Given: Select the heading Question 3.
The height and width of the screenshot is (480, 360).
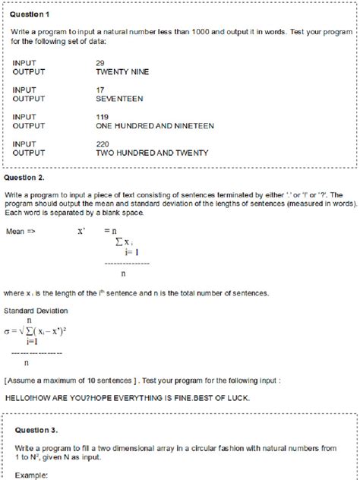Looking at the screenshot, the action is [x=36, y=429].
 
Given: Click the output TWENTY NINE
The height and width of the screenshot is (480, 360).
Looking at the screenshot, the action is [x=122, y=71].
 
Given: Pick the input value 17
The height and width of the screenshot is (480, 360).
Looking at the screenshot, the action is [x=100, y=90].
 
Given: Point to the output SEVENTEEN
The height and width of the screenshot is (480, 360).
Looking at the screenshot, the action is [x=119, y=99].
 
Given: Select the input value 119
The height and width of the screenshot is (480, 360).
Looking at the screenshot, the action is [x=103, y=116].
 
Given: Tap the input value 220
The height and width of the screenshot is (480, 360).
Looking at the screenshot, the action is [x=103, y=143].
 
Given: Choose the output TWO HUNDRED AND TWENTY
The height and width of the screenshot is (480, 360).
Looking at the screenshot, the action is [x=152, y=153].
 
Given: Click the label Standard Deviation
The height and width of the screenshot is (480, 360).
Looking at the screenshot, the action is [x=36, y=311].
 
